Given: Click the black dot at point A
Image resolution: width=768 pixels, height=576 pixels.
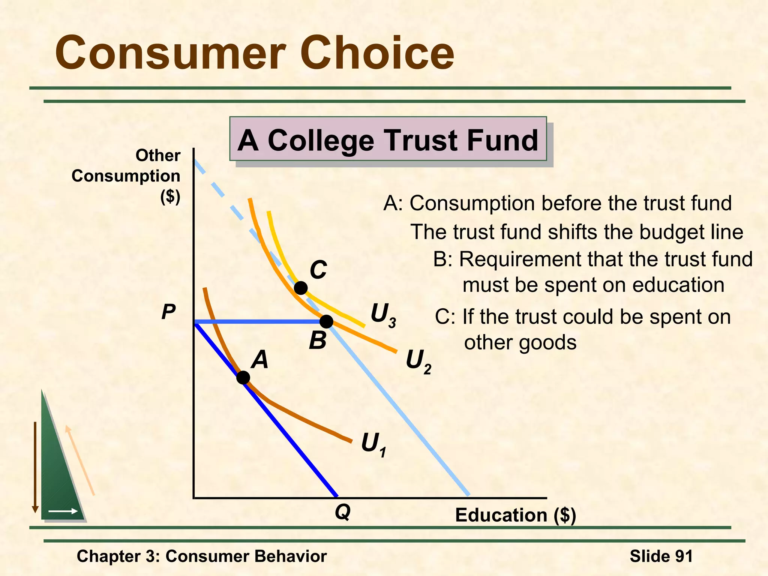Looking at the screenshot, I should click(x=243, y=378).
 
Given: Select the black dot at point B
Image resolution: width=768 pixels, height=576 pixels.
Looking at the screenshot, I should click(x=327, y=321).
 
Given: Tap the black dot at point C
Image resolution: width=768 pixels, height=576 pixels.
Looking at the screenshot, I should click(x=301, y=288).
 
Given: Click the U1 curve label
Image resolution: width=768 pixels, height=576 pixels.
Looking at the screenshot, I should click(x=373, y=445).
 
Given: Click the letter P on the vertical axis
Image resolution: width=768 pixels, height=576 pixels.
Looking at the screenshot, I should click(x=168, y=312).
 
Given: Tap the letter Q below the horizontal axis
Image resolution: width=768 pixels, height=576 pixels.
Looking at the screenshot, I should click(x=343, y=512).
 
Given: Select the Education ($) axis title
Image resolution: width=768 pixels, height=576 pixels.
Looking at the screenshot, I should click(x=515, y=515).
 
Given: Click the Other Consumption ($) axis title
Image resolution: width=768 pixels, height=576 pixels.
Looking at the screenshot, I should click(x=126, y=175).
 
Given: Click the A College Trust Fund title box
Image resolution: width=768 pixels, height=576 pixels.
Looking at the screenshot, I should click(x=388, y=139).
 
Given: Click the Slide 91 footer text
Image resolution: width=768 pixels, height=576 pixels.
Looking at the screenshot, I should click(x=661, y=556).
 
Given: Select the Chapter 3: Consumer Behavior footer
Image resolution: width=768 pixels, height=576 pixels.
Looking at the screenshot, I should click(x=202, y=556).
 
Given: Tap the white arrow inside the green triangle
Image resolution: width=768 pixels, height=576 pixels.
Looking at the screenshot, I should click(x=63, y=511).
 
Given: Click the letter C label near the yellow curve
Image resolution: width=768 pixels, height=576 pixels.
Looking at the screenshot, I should click(x=318, y=270).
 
